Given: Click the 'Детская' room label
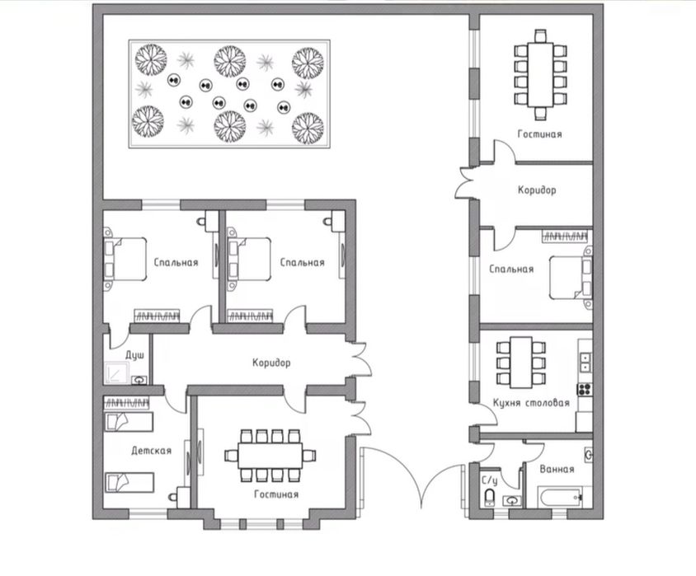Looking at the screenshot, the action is point(152,451).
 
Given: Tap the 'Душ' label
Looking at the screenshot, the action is point(134,356).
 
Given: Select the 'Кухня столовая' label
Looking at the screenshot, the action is point(531,403).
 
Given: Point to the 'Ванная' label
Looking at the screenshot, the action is point(557,469).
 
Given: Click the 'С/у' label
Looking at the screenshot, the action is point(490,481).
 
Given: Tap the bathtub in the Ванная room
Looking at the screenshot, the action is point(560,497).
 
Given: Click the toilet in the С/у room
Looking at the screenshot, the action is point(489,498).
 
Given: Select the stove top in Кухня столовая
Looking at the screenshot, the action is point(584,389).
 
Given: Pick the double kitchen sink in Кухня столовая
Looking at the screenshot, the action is point(585,363).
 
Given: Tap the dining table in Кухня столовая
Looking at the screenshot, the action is point(521,362).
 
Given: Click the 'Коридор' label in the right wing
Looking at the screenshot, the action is point(537,190).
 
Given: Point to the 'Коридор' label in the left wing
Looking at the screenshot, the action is point(271,363).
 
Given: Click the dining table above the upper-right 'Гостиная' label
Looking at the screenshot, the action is point(540,74).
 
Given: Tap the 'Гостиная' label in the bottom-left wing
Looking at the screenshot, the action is point(276,494).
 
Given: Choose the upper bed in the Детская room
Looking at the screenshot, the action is point(129,422).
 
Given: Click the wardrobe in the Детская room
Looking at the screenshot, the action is point(126,403).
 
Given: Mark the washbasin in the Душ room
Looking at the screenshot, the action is point(139,380).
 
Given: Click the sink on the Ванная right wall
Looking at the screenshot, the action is point(588,455).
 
